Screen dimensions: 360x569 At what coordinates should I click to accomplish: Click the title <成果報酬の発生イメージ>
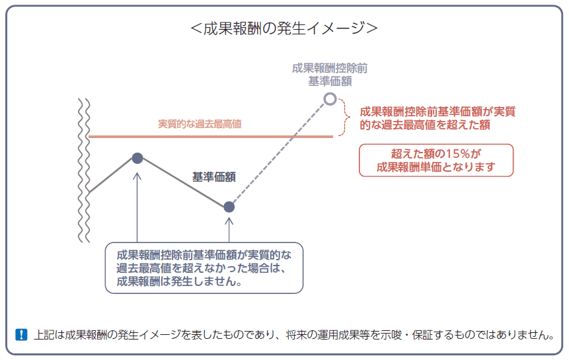284,28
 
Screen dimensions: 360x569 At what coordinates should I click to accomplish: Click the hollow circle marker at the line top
330,99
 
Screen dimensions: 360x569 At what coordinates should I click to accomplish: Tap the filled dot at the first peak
137,158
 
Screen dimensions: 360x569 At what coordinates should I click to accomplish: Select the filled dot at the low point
229,207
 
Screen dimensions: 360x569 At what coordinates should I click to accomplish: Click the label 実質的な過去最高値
199,124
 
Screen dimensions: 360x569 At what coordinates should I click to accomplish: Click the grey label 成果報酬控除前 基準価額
330,74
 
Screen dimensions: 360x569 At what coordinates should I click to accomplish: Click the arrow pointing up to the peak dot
137,205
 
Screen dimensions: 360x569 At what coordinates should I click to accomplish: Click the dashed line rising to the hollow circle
281,151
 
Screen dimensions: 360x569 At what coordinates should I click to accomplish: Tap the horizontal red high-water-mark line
211,137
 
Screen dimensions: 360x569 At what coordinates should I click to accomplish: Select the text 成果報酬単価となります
436,166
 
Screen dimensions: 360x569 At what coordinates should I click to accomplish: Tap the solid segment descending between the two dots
183,182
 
